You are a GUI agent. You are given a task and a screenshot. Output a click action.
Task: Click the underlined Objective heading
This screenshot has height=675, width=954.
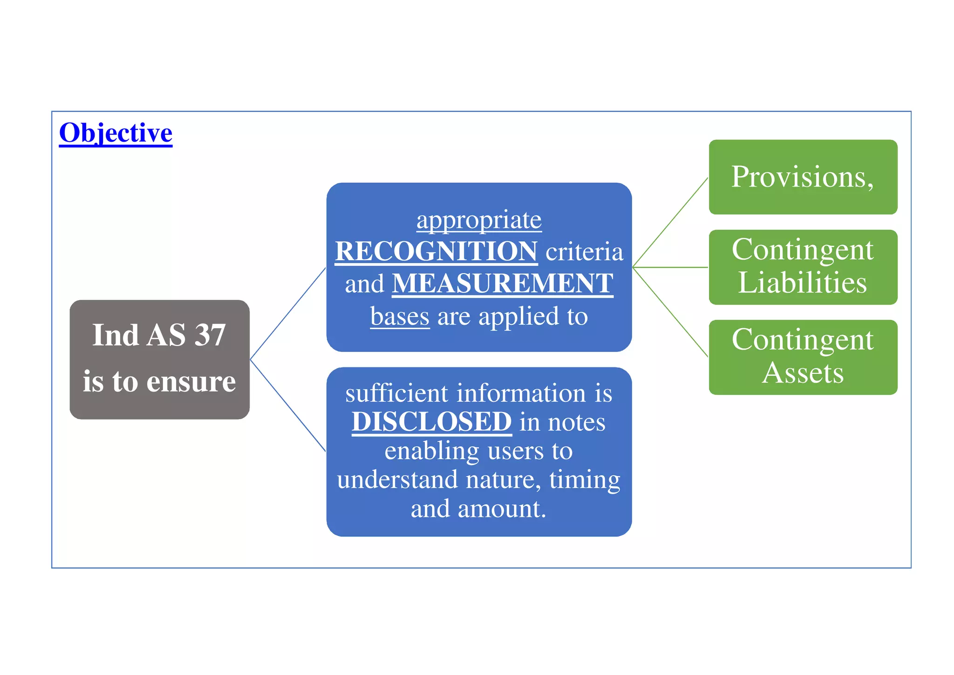(116, 133)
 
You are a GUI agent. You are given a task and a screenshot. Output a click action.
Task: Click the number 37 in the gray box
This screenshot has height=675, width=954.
(210, 335)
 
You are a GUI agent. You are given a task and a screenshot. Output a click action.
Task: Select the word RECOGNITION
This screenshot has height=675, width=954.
(436, 251)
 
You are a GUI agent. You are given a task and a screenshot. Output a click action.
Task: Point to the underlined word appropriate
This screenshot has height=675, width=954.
(479, 220)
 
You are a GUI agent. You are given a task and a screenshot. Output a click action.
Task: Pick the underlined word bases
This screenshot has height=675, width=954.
(400, 316)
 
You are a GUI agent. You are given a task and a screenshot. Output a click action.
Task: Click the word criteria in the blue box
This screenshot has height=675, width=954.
(584, 252)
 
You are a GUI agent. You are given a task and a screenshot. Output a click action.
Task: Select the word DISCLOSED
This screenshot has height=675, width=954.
(431, 421)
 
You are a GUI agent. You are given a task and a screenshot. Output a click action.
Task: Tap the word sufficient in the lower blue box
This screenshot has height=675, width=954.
(396, 393)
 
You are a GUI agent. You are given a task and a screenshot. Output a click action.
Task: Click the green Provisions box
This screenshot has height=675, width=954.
(803, 177)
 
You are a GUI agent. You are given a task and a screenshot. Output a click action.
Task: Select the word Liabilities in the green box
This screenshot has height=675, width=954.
(802, 282)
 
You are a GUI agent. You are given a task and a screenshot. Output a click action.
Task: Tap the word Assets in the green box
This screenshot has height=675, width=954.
(803, 373)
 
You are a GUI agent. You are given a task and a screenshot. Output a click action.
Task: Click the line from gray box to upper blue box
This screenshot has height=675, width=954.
(288, 313)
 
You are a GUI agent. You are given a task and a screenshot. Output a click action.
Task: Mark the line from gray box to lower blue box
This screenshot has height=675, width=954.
(288, 406)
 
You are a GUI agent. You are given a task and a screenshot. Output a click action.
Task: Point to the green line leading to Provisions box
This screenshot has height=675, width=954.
(670, 222)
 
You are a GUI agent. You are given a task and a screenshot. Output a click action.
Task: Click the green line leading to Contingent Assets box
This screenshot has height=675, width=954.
(670, 312)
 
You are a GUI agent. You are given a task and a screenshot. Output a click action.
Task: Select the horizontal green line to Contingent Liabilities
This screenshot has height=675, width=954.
(670, 267)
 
